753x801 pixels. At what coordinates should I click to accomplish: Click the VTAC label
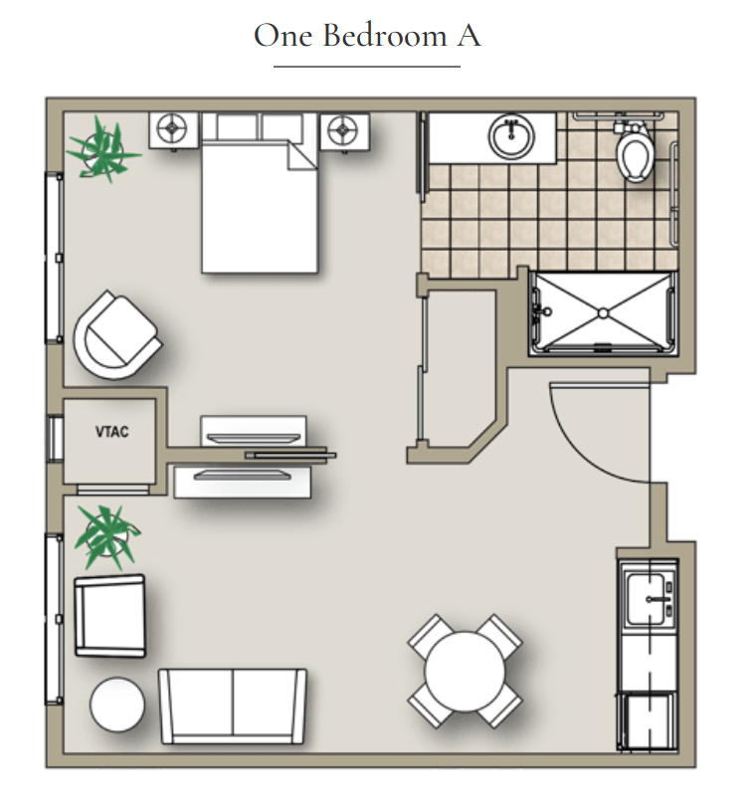pyautogui.click(x=111, y=432)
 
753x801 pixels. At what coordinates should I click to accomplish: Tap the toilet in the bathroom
pyautogui.click(x=634, y=150)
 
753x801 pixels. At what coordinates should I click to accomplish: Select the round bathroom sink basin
pyautogui.click(x=511, y=136)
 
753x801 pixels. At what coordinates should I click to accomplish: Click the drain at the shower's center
pyautogui.click(x=603, y=313)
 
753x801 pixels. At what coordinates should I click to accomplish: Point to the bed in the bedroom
pyautogui.click(x=260, y=193)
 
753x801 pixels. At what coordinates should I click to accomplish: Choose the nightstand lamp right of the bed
pyautogui.click(x=343, y=130)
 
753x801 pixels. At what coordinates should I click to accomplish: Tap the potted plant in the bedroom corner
pyautogui.click(x=104, y=149)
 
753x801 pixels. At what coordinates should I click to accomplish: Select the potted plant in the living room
pyautogui.click(x=106, y=536)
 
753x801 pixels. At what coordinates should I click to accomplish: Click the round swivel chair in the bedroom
pyautogui.click(x=117, y=335)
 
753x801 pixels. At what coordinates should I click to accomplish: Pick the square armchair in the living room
pyautogui.click(x=109, y=616)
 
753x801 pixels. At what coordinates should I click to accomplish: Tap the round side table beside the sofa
pyautogui.click(x=117, y=704)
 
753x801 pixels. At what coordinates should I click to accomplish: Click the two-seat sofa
pyautogui.click(x=233, y=706)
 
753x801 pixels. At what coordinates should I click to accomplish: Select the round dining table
pyautogui.click(x=465, y=672)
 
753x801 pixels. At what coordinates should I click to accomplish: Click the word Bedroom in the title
pyautogui.click(x=385, y=35)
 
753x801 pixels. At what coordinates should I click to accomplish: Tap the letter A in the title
pyautogui.click(x=469, y=36)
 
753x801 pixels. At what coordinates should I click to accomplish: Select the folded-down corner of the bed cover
pyautogui.click(x=302, y=156)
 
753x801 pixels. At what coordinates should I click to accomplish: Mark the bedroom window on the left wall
pyautogui.click(x=54, y=258)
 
